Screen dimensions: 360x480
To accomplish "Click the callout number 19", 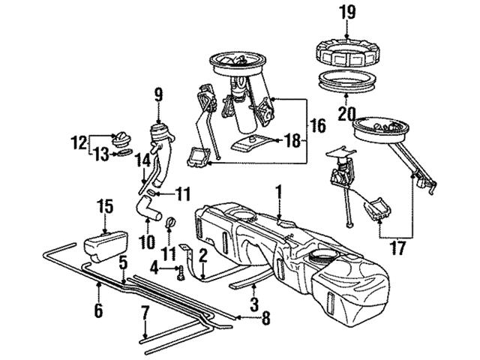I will [x=346, y=12].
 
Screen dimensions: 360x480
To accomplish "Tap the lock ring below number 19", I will [x=346, y=50].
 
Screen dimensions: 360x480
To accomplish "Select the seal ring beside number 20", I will [x=347, y=79].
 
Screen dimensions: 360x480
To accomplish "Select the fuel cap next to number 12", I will [x=121, y=139].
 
